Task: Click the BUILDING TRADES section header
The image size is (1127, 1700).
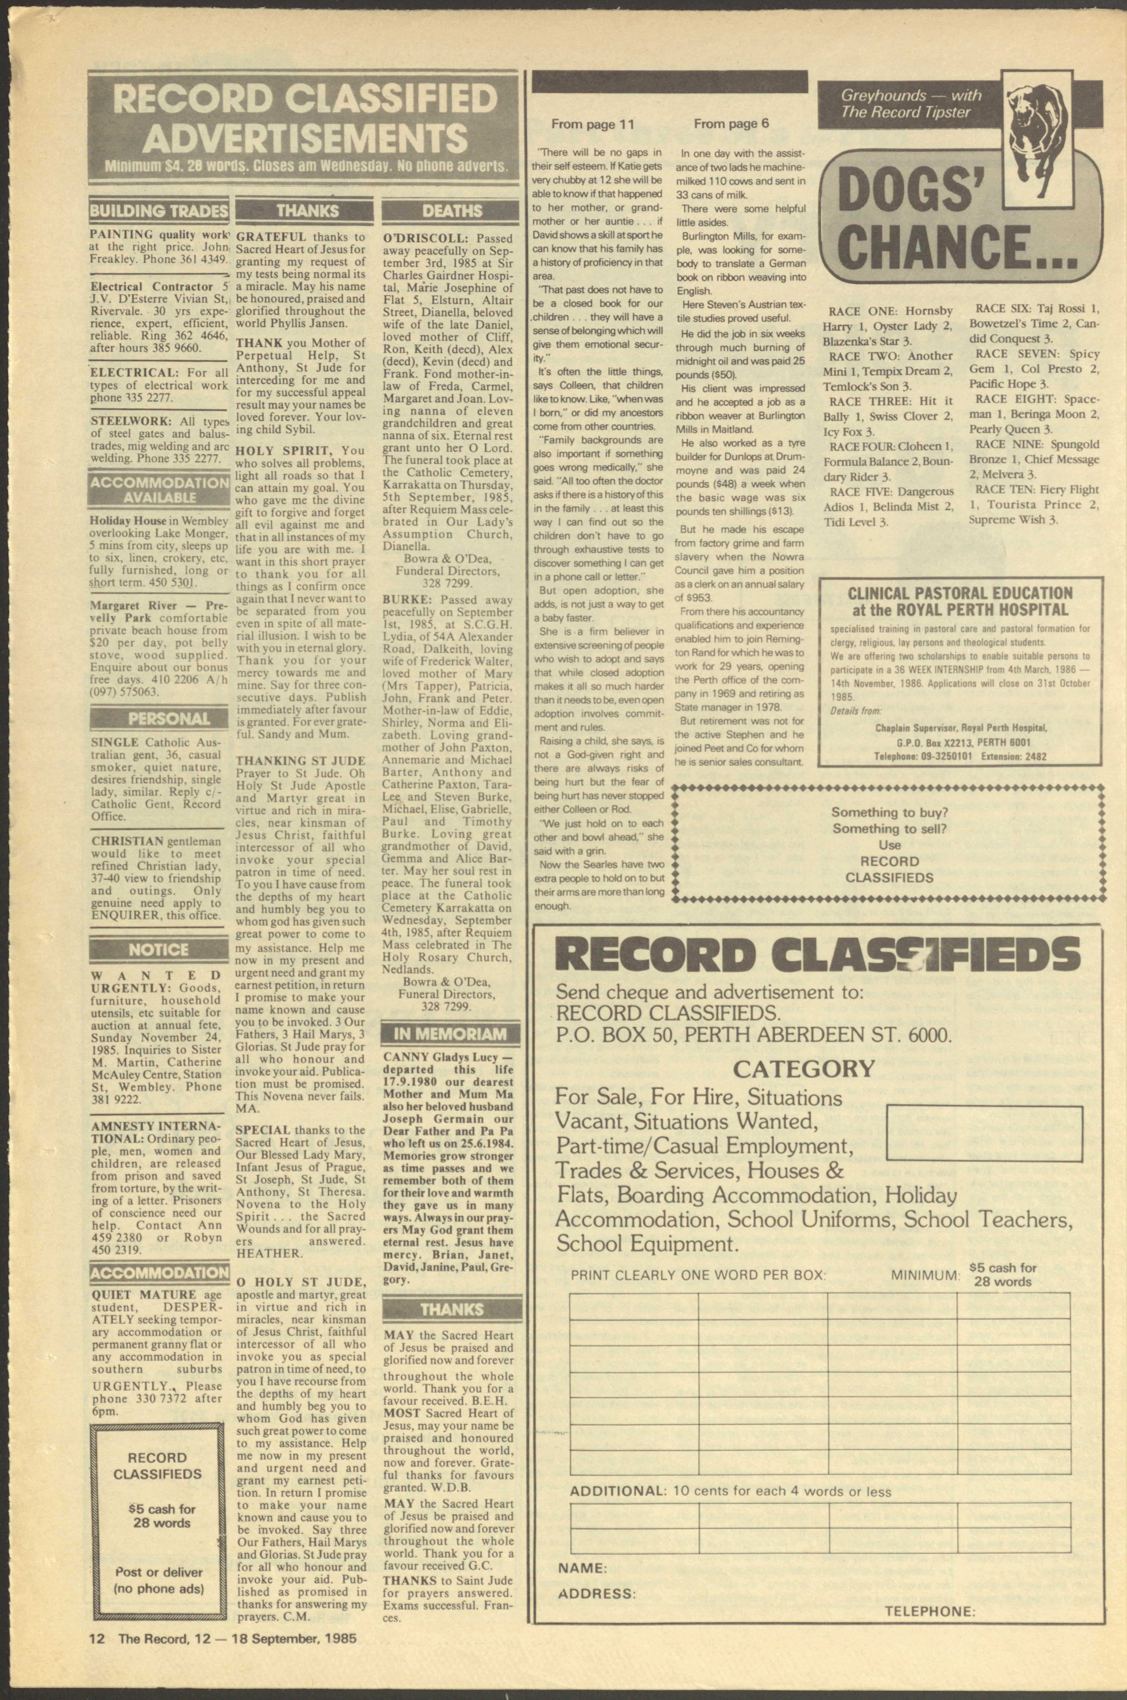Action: (x=159, y=211)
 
